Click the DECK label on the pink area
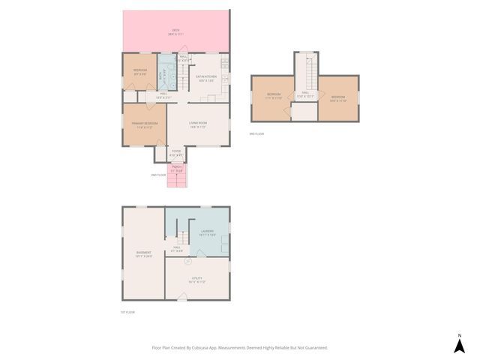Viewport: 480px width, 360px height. point(176,31)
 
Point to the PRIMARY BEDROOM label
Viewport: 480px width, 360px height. point(145,124)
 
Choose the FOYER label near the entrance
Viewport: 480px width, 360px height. point(176,153)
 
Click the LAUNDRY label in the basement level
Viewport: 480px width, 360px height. point(207,232)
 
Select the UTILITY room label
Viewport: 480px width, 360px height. point(197,280)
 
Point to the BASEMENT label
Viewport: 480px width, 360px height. point(143,254)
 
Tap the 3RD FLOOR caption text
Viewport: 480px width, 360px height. point(256,133)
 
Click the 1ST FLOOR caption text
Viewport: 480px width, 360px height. point(126,312)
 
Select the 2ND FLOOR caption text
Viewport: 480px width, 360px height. point(157,175)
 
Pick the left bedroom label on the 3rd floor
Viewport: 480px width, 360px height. point(273,97)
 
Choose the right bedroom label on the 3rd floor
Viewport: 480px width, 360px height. point(337,97)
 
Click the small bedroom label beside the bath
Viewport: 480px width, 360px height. point(139,71)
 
